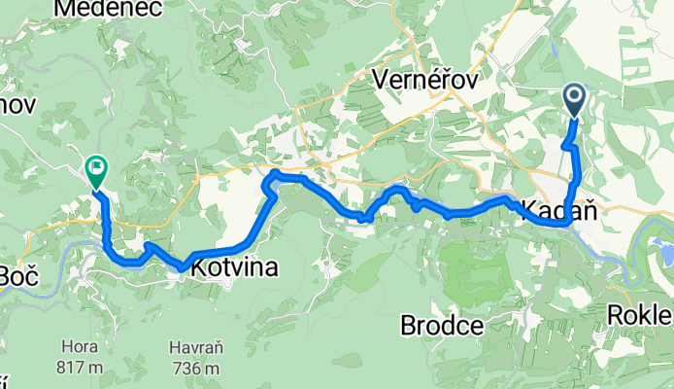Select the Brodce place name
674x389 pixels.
pos(442,326)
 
